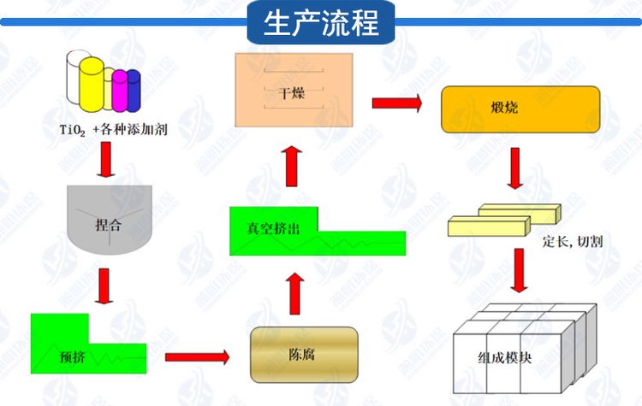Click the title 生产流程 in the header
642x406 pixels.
pyautogui.click(x=322, y=22)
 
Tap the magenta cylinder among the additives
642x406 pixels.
pyautogui.click(x=120, y=89)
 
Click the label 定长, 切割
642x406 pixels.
pyautogui.click(x=573, y=241)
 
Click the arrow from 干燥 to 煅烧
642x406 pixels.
pyautogui.click(x=397, y=104)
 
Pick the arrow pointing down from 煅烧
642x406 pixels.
pyautogui.click(x=514, y=168)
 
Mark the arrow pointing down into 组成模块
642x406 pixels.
pyautogui.click(x=516, y=272)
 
